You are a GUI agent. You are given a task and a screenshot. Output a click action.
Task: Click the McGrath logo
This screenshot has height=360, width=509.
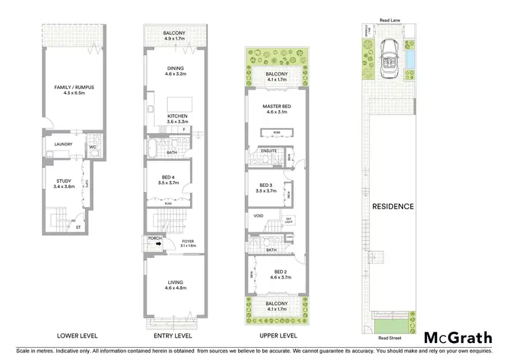coord(458,338)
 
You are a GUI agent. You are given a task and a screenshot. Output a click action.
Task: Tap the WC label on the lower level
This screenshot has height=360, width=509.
coord(92,146)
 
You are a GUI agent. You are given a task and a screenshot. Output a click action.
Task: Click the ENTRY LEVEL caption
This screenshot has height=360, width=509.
coord(168,336)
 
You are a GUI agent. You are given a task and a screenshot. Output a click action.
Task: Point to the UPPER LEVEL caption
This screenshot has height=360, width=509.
coord(271,336)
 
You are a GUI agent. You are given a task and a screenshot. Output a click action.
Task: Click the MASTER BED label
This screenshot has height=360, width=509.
coord(276,109)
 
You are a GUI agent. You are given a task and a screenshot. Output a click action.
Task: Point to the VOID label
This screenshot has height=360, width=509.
coord(258,217)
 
